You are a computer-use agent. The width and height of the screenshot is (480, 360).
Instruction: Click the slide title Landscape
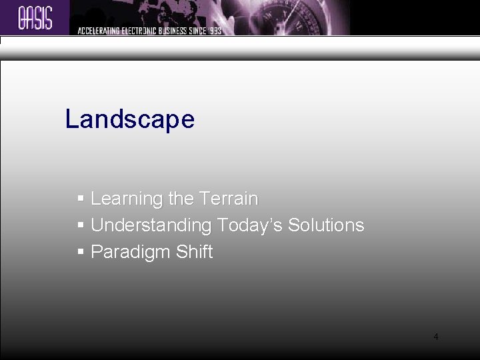130,119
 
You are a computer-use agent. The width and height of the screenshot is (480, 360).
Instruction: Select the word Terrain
228,199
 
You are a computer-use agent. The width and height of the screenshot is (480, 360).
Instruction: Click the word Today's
250,225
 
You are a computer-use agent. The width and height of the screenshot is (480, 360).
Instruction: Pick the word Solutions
326,225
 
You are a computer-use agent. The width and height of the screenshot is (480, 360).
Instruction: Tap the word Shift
195,252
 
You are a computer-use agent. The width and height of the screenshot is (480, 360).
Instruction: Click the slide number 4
435,337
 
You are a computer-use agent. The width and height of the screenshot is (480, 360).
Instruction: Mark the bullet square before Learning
81,199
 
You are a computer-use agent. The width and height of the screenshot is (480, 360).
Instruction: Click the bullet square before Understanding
81,225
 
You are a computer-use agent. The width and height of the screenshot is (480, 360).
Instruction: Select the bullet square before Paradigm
81,252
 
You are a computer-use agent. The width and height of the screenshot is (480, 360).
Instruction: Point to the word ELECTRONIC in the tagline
139,30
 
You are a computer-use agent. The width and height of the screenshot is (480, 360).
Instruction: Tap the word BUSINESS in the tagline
175,30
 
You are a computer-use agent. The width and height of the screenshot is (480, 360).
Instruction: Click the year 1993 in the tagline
214,30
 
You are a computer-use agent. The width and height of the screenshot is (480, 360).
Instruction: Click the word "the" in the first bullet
181,199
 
